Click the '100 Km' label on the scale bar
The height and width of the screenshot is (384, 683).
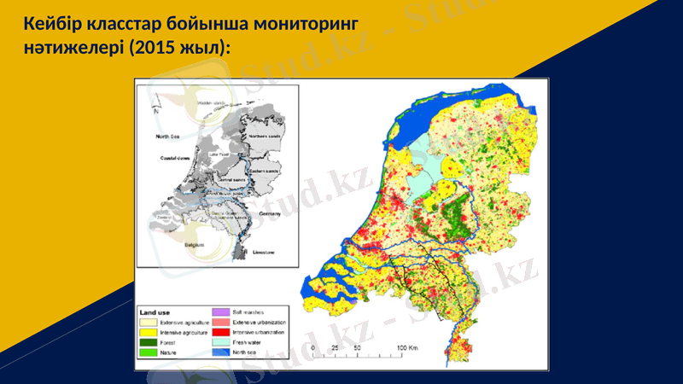tap(406, 350)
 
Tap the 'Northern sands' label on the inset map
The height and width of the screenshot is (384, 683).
tap(264, 136)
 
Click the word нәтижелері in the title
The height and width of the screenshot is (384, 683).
tap(73, 47)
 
